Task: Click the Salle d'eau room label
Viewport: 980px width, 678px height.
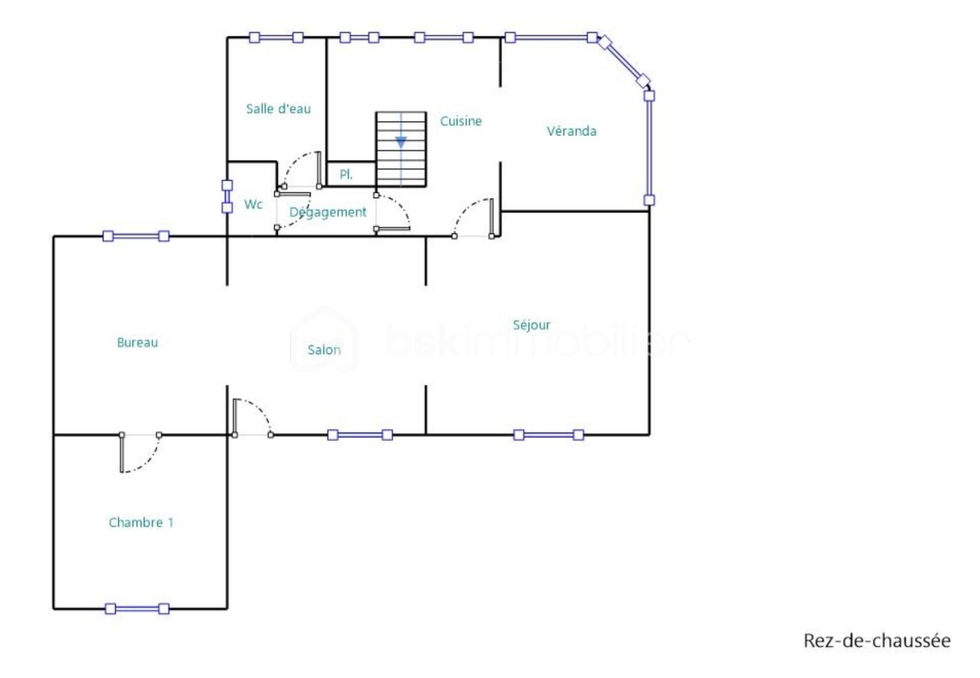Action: (x=278, y=109)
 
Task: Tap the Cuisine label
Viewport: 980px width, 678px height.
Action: (x=460, y=121)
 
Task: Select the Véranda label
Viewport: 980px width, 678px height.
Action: (x=572, y=131)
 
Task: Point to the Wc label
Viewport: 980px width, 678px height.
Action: (x=253, y=204)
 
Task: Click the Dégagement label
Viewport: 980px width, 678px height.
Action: (x=328, y=212)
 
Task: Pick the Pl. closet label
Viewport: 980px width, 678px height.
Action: (x=346, y=174)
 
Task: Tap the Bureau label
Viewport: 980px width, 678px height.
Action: (x=137, y=342)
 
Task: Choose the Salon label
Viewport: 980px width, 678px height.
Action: (x=324, y=350)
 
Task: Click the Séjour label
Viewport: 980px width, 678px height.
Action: (x=532, y=325)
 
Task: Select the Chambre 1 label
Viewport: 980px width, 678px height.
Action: (x=141, y=522)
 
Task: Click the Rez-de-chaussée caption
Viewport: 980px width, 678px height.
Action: (x=877, y=641)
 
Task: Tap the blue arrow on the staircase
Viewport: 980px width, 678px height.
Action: (x=401, y=142)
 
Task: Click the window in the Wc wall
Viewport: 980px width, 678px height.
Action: (x=227, y=196)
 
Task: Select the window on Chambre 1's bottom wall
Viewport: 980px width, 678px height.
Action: (x=137, y=609)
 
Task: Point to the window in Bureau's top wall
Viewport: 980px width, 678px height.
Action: (x=136, y=236)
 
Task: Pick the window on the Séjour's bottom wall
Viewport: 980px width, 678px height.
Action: (x=548, y=435)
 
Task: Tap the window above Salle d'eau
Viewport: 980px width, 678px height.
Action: (x=276, y=37)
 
